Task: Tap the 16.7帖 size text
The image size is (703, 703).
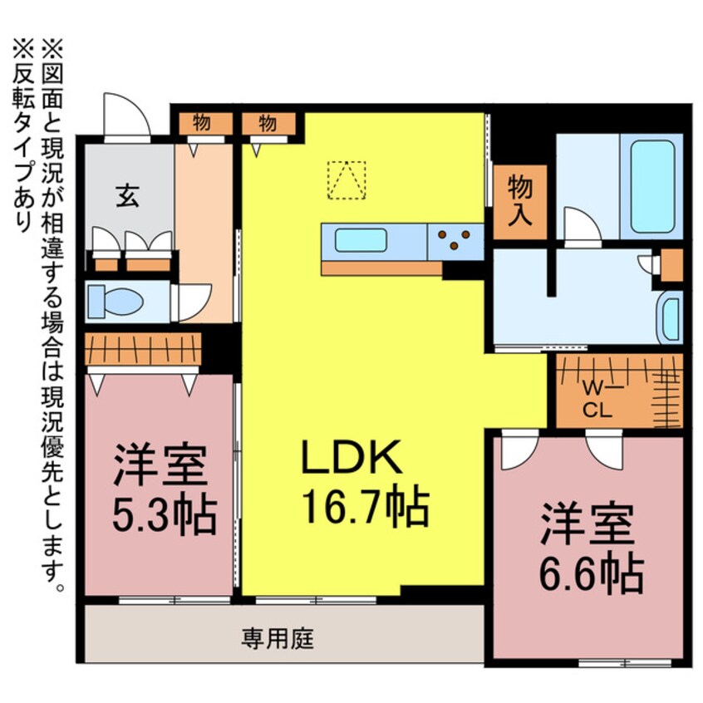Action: coord(366,504)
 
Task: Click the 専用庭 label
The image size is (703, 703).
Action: coord(278,639)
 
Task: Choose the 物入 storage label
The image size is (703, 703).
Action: coord(520,201)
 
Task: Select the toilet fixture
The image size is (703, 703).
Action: coord(112,300)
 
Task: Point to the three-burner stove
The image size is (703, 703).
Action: coord(455,241)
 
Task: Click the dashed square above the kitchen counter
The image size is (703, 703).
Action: coord(347,179)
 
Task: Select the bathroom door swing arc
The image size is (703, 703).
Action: coord(582,225)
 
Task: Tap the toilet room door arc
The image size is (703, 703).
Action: coord(194,302)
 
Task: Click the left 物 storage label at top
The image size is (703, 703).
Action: coord(201,123)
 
